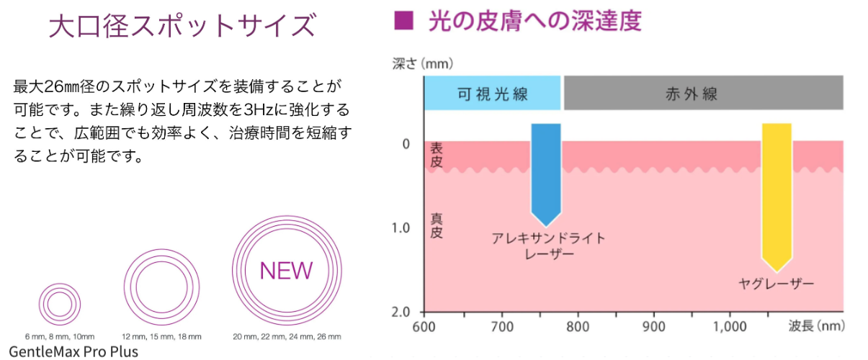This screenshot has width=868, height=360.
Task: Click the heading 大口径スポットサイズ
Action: pyautogui.click(x=182, y=27)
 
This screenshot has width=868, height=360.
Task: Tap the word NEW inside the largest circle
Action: pyautogui.click(x=286, y=271)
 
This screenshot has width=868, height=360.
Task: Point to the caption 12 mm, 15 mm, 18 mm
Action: pyautogui.click(x=161, y=336)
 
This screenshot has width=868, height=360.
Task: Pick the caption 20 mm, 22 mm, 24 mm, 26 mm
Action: pyautogui.click(x=287, y=336)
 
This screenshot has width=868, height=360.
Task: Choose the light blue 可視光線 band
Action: pyautogui.click(x=492, y=94)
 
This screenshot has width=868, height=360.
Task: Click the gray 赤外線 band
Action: pyautogui.click(x=703, y=94)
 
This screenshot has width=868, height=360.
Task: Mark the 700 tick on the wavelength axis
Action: pyautogui.click(x=503, y=326)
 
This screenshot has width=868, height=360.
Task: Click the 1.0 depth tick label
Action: pyautogui.click(x=400, y=228)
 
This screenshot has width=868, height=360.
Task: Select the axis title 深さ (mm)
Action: pyautogui.click(x=423, y=63)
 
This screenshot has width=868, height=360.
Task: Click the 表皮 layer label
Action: pyautogui.click(x=436, y=156)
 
